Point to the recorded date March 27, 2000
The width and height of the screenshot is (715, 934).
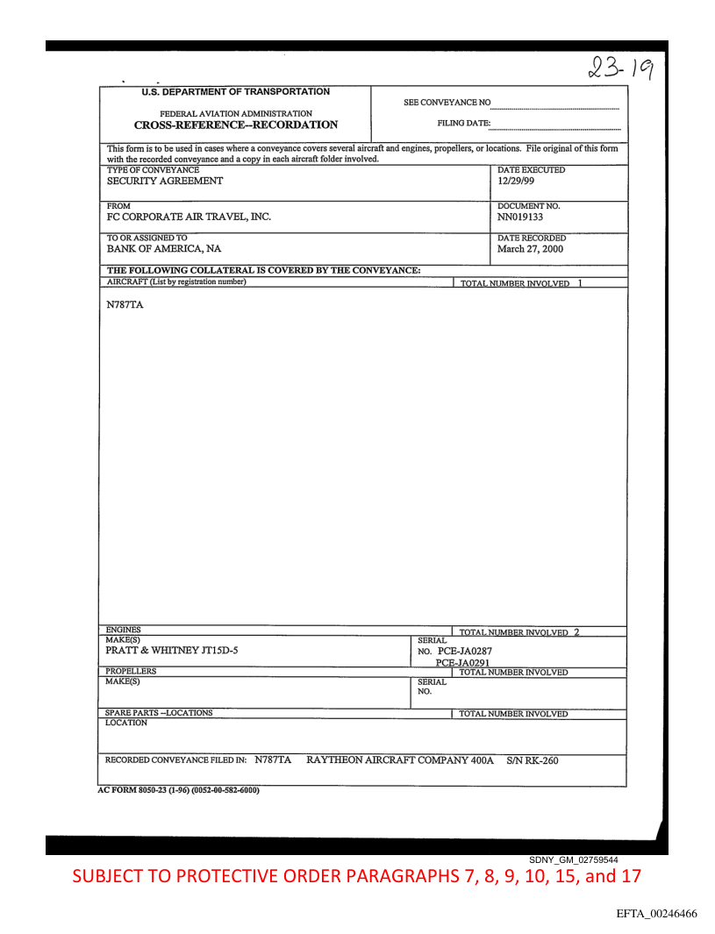coord(530,249)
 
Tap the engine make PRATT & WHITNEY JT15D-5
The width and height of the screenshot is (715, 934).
coord(172,651)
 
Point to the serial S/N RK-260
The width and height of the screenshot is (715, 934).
coord(533,760)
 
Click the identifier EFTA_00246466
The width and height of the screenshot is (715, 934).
coord(657,914)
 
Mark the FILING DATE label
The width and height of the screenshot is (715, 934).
coord(464,124)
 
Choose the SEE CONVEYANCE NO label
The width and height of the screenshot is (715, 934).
coord(447,103)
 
